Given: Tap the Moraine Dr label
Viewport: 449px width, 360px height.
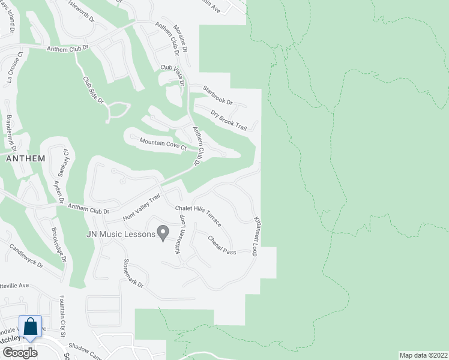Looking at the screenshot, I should click(x=181, y=37).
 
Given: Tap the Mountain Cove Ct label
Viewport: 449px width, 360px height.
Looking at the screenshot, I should click(x=164, y=144).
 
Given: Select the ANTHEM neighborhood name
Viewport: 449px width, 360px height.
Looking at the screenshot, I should click(x=25, y=158).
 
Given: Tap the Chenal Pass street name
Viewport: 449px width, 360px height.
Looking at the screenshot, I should click(x=221, y=244).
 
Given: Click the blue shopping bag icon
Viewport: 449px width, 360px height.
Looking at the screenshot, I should click(x=31, y=327).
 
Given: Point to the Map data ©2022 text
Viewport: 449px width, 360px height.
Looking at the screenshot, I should click(x=423, y=355).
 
